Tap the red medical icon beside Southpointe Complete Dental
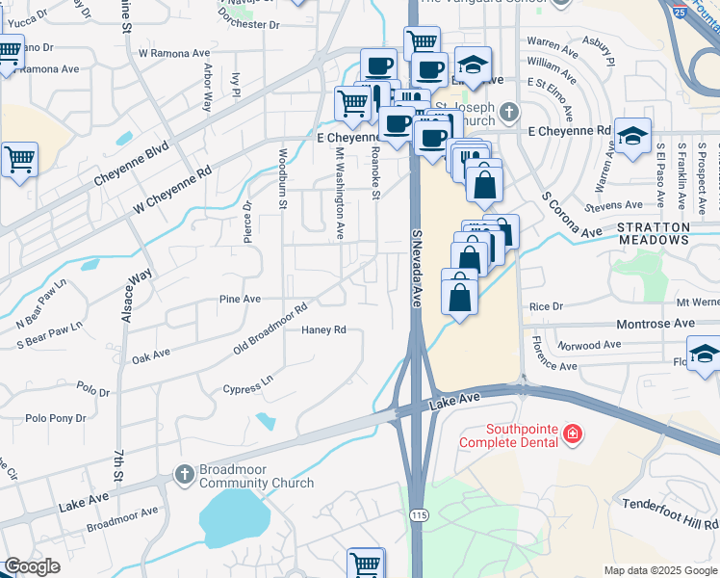[573, 434]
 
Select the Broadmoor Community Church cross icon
[184, 474]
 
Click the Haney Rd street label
[323, 329]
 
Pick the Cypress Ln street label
[248, 383]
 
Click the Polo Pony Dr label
[56, 418]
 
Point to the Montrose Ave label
[681, 324]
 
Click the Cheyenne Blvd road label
[131, 165]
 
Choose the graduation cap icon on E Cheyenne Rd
[632, 137]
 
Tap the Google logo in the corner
[32, 567]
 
